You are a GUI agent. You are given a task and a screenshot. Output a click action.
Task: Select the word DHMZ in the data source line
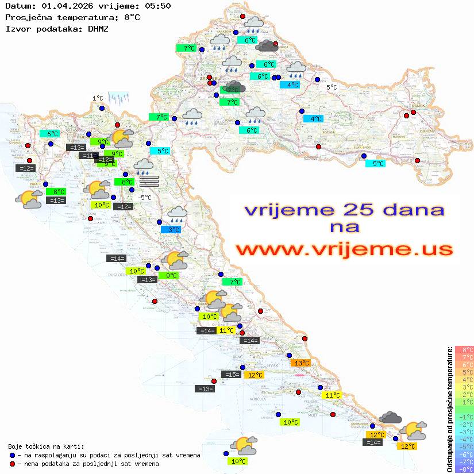coord(98,28)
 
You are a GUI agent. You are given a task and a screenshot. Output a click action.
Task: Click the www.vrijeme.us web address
coord(344,249)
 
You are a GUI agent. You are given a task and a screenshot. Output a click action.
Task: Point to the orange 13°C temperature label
coord(301,363)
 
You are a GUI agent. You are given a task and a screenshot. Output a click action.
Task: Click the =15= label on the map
coord(231,375)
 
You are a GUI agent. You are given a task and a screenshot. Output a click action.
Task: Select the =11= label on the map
coord(88,156)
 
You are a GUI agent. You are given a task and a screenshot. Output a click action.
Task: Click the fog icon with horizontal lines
coord(148,181)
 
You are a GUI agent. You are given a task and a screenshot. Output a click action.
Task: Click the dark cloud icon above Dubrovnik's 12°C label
coord(390,418)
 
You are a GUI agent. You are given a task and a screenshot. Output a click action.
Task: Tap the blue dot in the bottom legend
coord(13,455)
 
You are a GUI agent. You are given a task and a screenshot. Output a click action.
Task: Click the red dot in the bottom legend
coord(13,464)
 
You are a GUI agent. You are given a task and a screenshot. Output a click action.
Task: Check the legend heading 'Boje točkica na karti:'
coord(46,446)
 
